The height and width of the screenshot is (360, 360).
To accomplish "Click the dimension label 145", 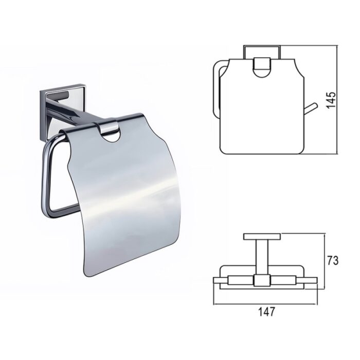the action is (x=331, y=100).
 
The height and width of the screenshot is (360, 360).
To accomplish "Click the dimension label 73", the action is (x=332, y=261).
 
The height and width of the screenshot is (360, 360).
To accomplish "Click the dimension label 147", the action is (x=266, y=312).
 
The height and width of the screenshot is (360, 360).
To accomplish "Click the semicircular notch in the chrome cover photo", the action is (x=110, y=138).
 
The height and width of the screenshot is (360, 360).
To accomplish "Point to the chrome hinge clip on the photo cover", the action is (x=107, y=128).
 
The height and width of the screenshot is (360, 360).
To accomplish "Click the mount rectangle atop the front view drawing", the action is (x=262, y=52).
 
